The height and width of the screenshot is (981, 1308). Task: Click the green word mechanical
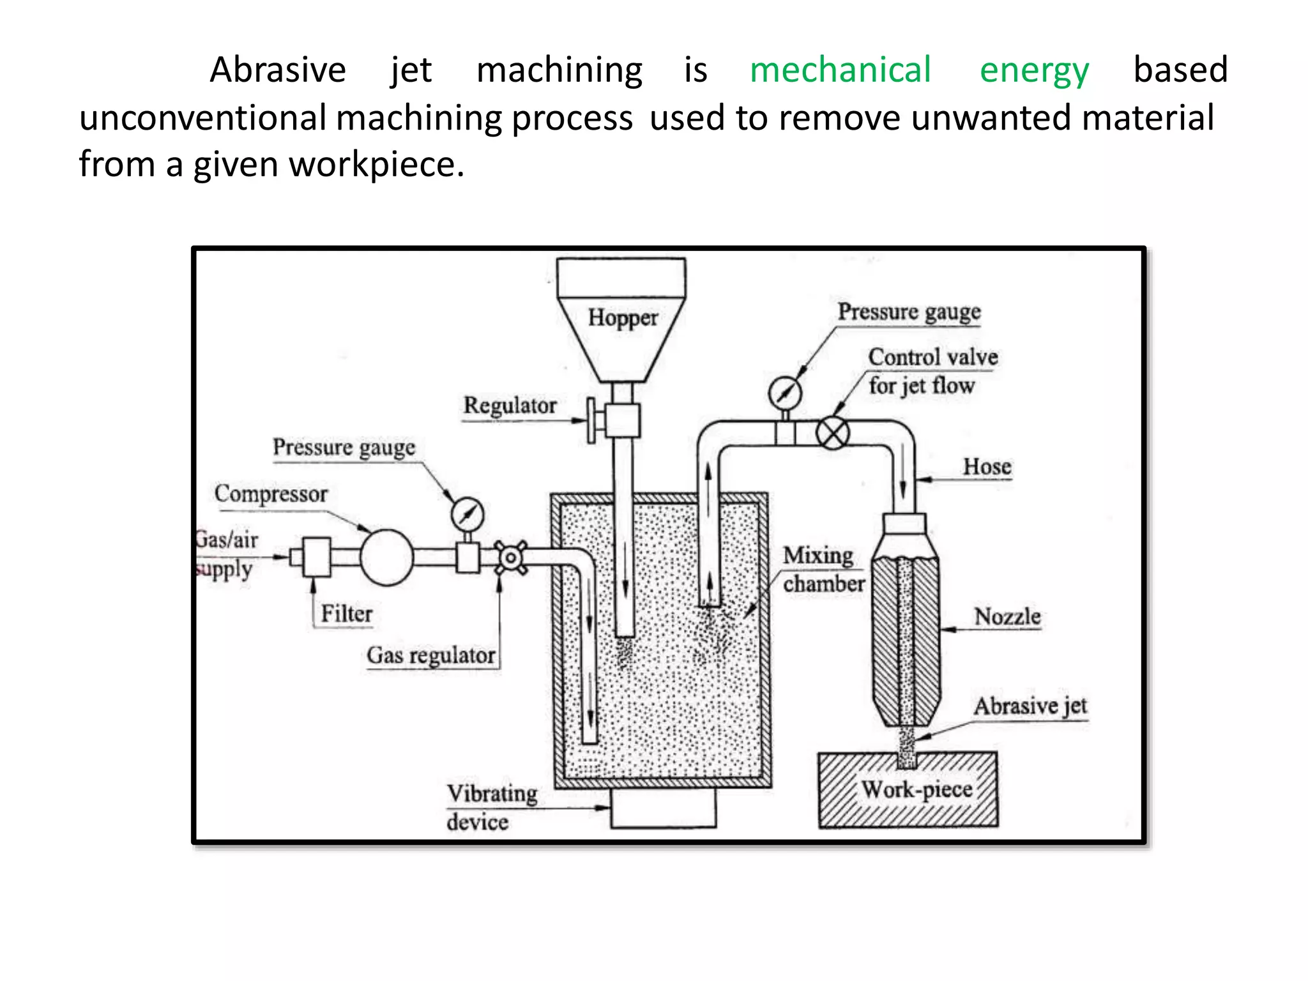(840, 70)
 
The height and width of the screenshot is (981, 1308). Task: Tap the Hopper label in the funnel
(623, 317)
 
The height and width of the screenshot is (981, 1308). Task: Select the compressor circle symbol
(386, 558)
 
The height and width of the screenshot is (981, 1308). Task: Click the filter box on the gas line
(316, 558)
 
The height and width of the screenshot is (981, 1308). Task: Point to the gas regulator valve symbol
(510, 558)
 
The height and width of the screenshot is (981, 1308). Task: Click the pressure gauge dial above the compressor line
(468, 514)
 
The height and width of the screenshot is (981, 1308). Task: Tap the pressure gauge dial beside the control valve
(785, 393)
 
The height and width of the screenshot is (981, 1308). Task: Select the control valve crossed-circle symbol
(833, 433)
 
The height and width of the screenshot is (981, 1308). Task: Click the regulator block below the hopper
(622, 421)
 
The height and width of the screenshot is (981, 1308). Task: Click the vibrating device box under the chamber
(663, 808)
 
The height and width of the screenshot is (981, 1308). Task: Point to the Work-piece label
(916, 790)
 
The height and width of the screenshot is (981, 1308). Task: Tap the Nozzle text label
(1007, 617)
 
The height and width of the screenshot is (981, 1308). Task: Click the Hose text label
(987, 467)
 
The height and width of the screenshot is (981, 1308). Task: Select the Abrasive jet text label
(1030, 706)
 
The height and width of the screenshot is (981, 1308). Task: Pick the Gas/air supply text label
(226, 554)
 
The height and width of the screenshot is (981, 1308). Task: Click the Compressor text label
(271, 494)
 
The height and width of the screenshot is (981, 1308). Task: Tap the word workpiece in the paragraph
(376, 165)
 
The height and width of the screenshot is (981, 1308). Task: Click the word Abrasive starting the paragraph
(278, 70)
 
